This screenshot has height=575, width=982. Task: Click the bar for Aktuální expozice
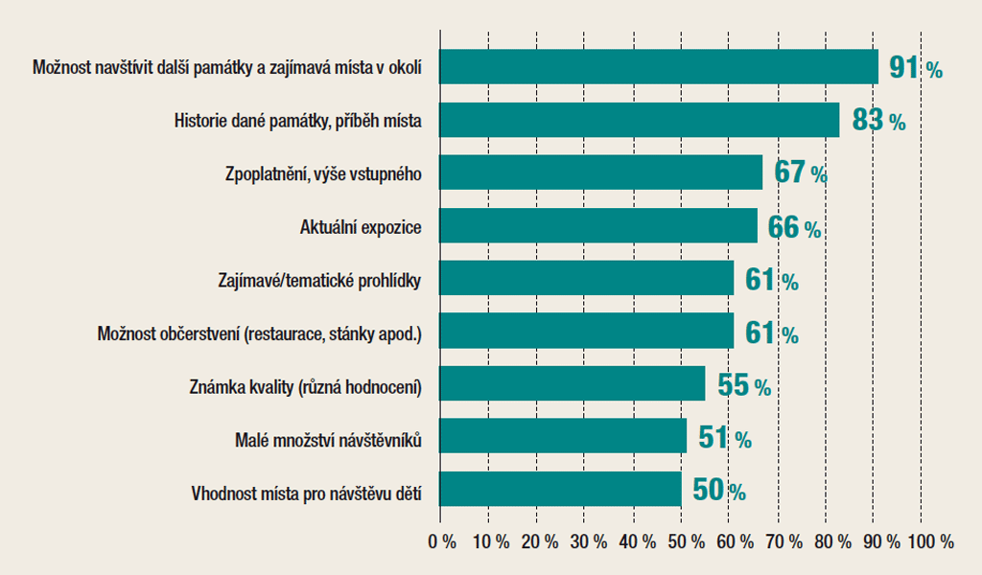[598, 227]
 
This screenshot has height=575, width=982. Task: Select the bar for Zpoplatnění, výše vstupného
[601, 173]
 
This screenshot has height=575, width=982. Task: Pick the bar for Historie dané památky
[640, 121]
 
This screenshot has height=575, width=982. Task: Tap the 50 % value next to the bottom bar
[718, 491]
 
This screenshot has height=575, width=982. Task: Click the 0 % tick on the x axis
[442, 541]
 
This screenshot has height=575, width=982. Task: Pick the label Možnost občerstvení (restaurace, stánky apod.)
[260, 334]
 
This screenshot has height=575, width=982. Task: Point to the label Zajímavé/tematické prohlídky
[322, 282]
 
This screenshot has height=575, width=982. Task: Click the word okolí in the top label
[405, 68]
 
